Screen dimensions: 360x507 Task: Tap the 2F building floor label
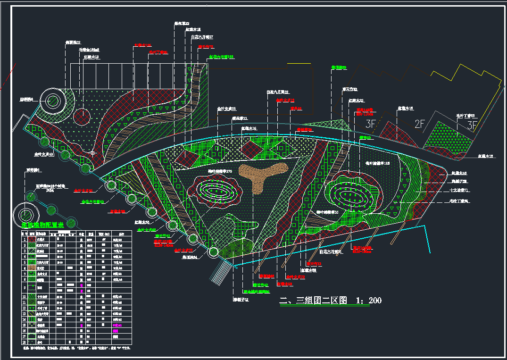[420, 125]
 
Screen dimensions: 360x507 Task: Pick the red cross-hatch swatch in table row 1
[32, 240]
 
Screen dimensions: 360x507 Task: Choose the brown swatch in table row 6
[32, 268]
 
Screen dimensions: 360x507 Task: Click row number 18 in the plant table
[24, 342]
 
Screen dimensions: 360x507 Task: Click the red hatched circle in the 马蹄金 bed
[83, 115]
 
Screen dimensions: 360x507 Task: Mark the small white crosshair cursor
[93, 153]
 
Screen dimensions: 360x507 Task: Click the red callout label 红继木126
[142, 46]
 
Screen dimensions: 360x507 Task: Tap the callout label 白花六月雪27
[202, 37]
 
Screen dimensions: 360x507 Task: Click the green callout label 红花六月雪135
[222, 57]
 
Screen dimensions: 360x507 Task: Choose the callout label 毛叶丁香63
[465, 115]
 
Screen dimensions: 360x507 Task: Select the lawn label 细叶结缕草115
[377, 163]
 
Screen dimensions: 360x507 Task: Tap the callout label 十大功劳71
[459, 191]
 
